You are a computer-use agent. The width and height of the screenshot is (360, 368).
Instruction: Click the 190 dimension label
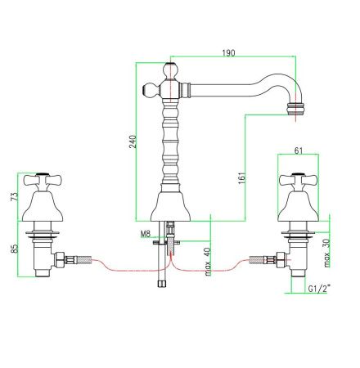pyautogui.click(x=228, y=52)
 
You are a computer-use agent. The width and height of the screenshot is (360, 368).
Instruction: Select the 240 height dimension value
pyautogui.click(x=133, y=141)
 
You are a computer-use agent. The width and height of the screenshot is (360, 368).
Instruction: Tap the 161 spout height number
pyautogui.click(x=242, y=177)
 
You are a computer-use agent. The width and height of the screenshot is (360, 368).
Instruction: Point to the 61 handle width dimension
pyautogui.click(x=299, y=150)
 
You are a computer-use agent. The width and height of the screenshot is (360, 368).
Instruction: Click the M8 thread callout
pyautogui.click(x=146, y=234)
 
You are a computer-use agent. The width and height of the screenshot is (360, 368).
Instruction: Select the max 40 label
pyautogui.click(x=208, y=262)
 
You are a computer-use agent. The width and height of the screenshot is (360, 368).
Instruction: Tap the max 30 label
pyautogui.click(x=326, y=253)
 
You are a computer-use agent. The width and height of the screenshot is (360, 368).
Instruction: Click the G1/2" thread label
pyautogui.click(x=319, y=289)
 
